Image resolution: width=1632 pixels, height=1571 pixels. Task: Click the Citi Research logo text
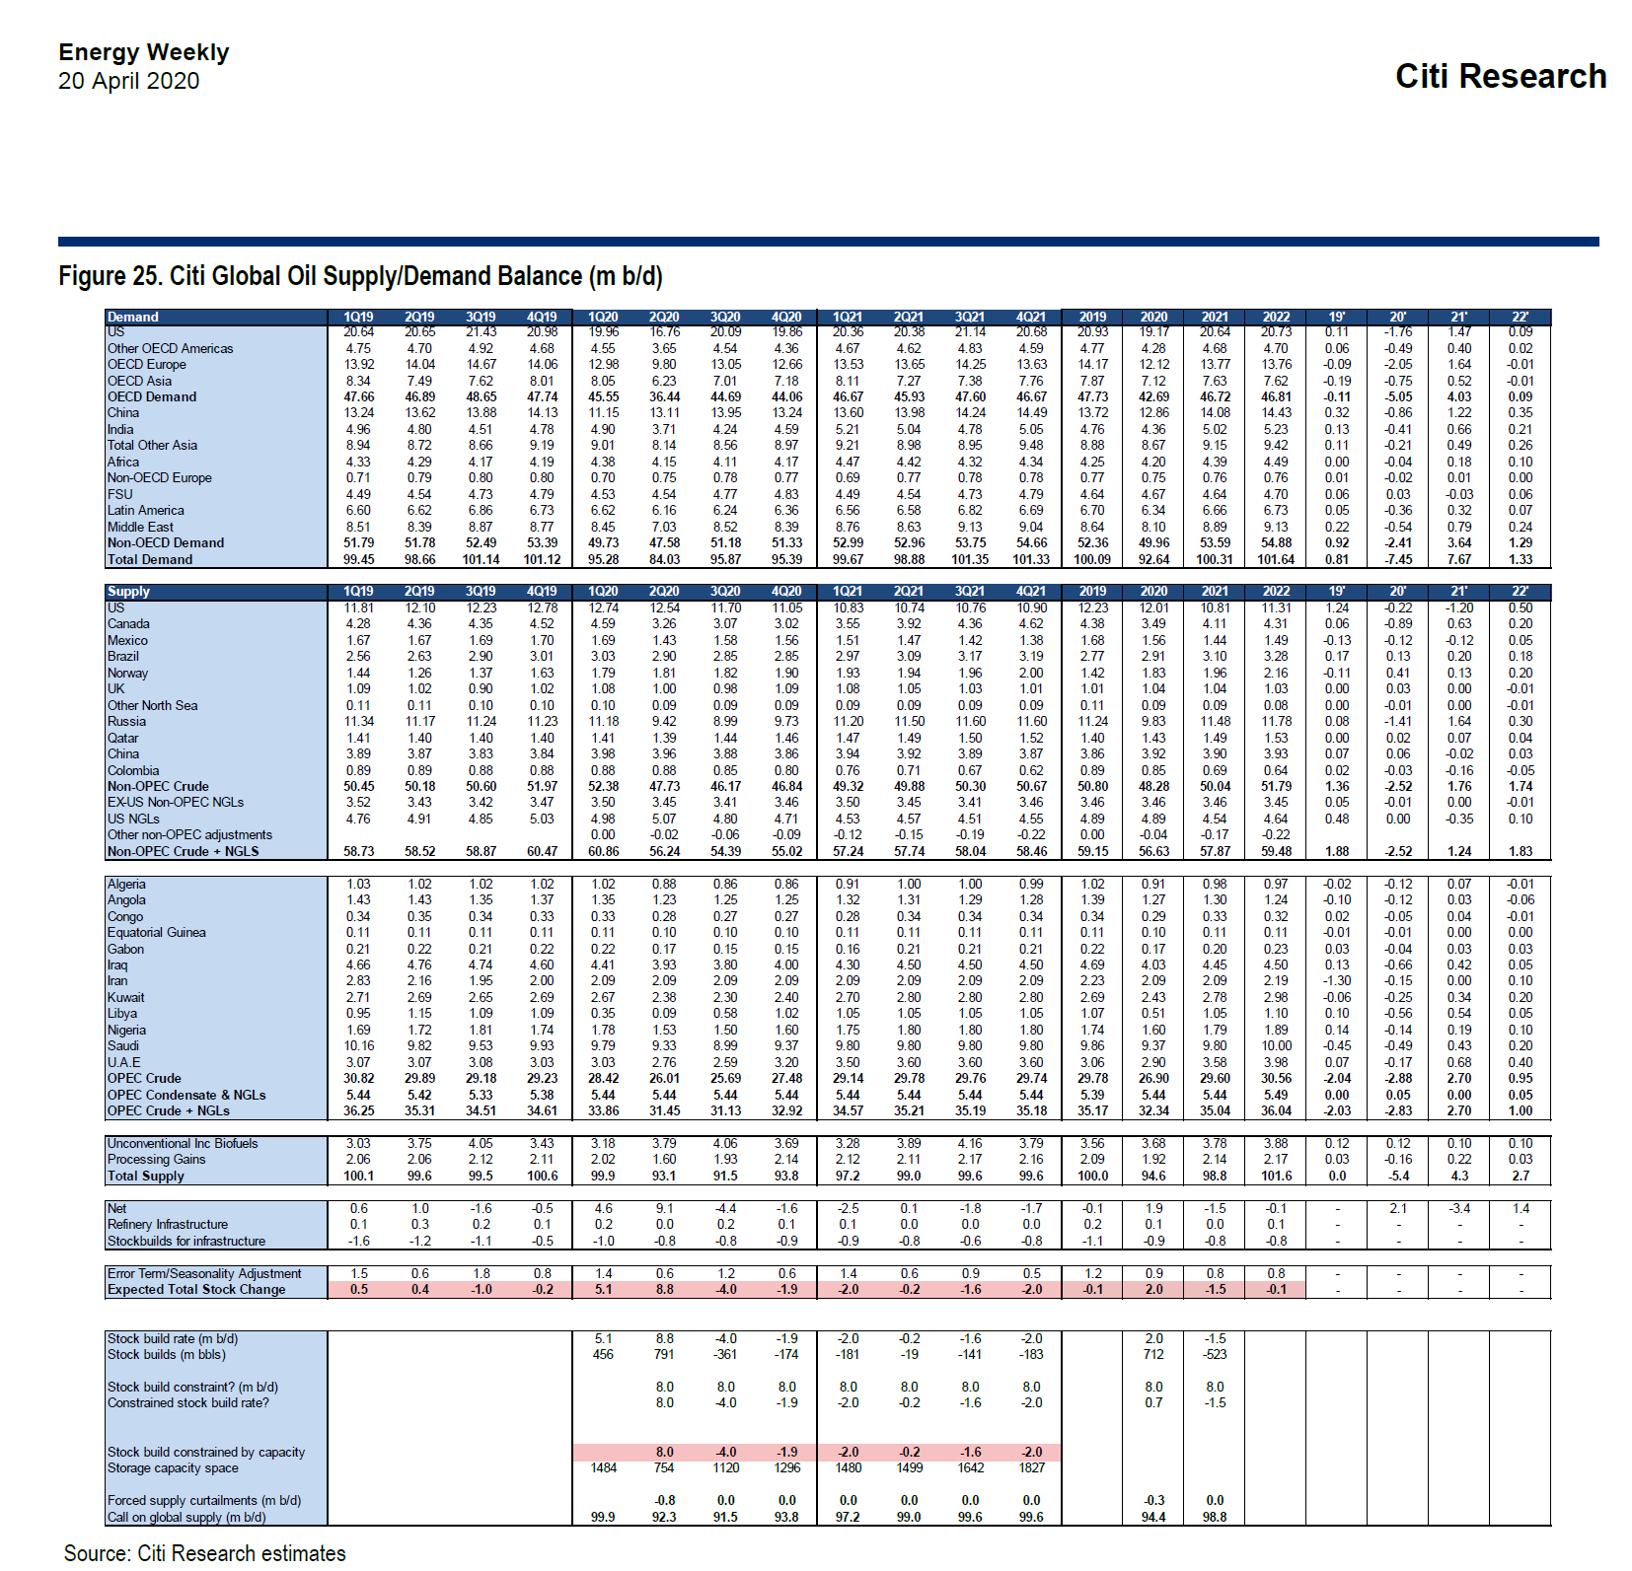(x=1500, y=76)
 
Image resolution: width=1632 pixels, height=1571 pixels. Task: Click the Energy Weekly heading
(x=143, y=52)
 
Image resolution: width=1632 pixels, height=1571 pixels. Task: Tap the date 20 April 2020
(x=128, y=81)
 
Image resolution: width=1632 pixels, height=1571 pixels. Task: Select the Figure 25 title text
(x=360, y=276)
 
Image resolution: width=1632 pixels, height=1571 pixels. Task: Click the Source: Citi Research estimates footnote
(x=204, y=1553)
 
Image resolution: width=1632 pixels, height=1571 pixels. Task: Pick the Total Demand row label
(x=150, y=559)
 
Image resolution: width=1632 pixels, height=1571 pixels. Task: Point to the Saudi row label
(x=123, y=1045)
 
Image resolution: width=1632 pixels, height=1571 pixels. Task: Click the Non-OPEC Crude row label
(x=158, y=786)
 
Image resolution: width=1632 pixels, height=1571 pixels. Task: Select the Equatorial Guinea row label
(x=157, y=932)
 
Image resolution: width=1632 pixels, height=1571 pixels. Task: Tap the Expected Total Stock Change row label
(x=196, y=1289)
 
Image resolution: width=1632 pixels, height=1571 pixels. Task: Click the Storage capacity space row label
(x=173, y=1467)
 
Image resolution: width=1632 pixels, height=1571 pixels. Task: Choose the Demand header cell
(x=133, y=317)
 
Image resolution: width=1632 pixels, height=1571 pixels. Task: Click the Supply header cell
(x=128, y=592)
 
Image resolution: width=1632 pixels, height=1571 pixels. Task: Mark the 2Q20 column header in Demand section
(x=664, y=317)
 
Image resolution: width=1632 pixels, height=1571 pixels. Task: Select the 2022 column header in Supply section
(x=1276, y=592)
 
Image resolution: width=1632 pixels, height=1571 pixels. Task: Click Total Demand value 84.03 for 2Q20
(x=664, y=559)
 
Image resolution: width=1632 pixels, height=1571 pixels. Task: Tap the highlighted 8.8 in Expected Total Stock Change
(x=664, y=1289)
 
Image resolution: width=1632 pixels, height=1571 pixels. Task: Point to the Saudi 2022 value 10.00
(x=1276, y=1045)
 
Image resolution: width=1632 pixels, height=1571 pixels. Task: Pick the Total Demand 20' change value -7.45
(x=1398, y=559)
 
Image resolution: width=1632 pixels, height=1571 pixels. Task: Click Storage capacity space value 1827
(x=1031, y=1467)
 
